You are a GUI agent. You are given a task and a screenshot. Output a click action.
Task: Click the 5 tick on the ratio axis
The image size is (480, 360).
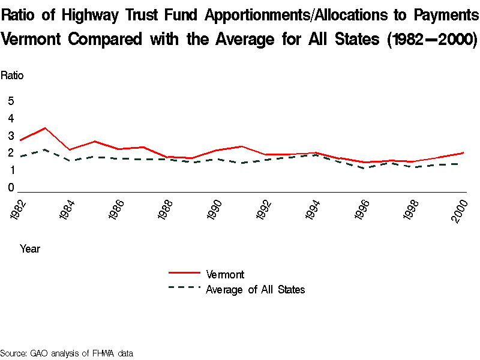click(x=10, y=101)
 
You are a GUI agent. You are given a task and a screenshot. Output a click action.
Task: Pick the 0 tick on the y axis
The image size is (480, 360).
click(x=10, y=188)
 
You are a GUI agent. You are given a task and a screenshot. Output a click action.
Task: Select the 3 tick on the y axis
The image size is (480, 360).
click(x=10, y=136)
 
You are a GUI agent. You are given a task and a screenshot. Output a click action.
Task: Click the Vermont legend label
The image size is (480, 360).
click(x=225, y=275)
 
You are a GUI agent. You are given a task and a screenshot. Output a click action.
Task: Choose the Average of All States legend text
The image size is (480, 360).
click(x=256, y=290)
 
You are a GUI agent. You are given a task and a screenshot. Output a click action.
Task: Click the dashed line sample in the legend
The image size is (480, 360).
click(x=184, y=287)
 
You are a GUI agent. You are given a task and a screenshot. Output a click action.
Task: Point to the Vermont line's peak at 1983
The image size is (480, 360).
click(x=44, y=128)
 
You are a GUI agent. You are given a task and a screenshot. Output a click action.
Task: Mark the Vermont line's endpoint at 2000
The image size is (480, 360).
click(x=463, y=152)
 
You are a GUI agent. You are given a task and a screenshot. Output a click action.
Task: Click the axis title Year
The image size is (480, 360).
click(x=30, y=248)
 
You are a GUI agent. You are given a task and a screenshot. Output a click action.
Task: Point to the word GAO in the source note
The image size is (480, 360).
click(x=40, y=353)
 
